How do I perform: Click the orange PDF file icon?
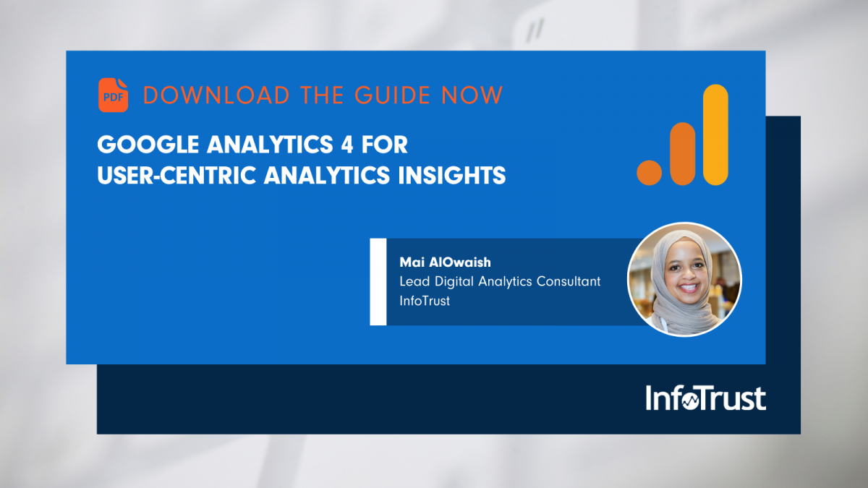click(113, 95)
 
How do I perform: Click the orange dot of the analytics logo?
click(650, 172)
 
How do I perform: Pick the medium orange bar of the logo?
click(682, 153)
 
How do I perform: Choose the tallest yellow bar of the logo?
click(715, 134)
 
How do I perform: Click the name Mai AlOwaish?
click(434, 262)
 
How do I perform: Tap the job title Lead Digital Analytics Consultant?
click(500, 281)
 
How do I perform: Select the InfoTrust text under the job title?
click(425, 301)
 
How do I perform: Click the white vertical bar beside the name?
click(378, 281)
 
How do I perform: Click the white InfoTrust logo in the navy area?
click(705, 399)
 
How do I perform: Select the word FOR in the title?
click(384, 145)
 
